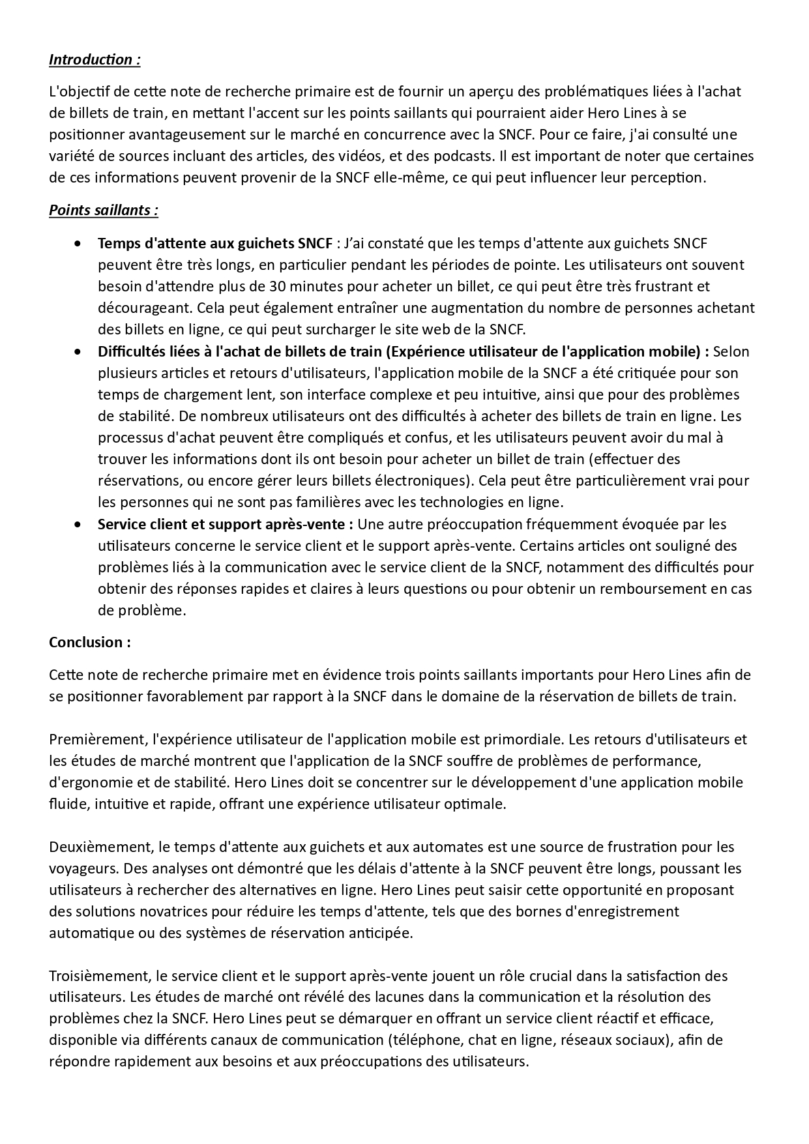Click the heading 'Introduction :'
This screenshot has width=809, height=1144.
click(95, 59)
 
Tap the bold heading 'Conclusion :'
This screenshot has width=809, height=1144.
click(90, 642)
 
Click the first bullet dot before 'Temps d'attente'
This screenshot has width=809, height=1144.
click(78, 244)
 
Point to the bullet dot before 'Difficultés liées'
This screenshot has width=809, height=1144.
click(78, 352)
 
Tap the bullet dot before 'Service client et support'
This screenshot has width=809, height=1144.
click(78, 525)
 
